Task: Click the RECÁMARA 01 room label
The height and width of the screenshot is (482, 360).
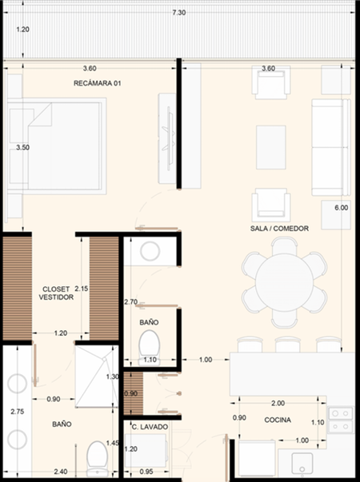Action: [x=98, y=83]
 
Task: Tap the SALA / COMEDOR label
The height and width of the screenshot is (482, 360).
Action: [x=279, y=229]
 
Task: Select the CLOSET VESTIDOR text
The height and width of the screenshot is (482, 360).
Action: [x=56, y=293]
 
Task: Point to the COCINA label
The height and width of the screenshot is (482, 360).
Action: [x=278, y=420]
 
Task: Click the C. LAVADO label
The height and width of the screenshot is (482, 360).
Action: [x=150, y=427]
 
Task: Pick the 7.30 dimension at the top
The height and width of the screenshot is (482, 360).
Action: [x=179, y=13]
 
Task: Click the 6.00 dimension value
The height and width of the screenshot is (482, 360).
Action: [x=342, y=208]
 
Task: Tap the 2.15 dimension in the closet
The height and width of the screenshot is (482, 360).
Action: [x=82, y=289]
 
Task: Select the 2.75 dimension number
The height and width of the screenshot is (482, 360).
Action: [x=18, y=412]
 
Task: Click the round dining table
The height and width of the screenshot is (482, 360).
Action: [x=284, y=283]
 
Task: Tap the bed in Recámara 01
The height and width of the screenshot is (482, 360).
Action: [x=57, y=146]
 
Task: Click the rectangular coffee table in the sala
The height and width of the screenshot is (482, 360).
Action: [x=271, y=147]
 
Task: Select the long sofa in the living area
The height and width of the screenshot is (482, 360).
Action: [x=330, y=147]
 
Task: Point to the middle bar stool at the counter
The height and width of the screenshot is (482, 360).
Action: [x=288, y=345]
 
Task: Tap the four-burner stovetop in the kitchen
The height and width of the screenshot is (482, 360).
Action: [x=340, y=420]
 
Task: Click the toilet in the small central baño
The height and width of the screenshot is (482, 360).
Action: [x=150, y=348]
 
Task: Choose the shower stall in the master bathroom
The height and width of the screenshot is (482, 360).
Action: [x=97, y=376]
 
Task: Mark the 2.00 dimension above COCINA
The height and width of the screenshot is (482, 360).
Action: [x=278, y=403]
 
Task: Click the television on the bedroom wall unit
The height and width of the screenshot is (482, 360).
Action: [x=169, y=138]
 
